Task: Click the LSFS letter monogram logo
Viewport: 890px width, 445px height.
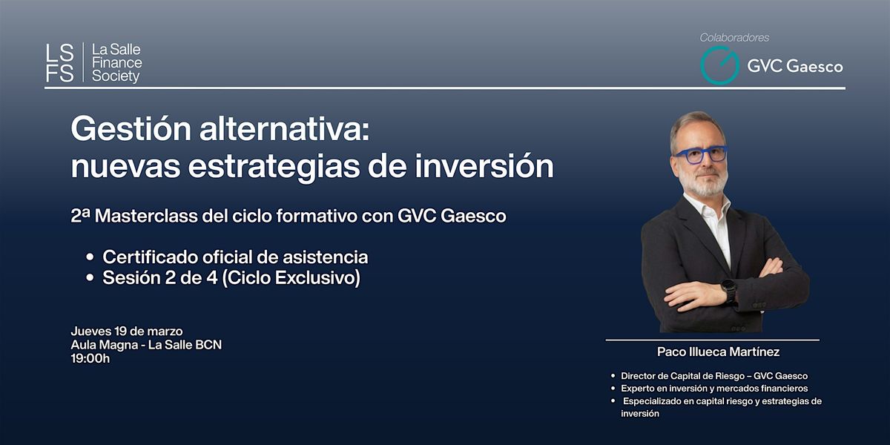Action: pyautogui.click(x=59, y=63)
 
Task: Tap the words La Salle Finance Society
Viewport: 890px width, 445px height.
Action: pyautogui.click(x=117, y=63)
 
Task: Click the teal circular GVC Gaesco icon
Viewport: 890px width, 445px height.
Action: pyautogui.click(x=719, y=65)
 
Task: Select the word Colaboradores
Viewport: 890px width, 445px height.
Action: pyautogui.click(x=734, y=38)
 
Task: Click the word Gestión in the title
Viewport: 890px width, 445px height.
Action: pyautogui.click(x=131, y=131)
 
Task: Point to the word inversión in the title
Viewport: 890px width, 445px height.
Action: pyautogui.click(x=484, y=166)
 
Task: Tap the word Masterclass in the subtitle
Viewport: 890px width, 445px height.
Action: pyautogui.click(x=146, y=216)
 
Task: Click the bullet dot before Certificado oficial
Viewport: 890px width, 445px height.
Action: pyautogui.click(x=90, y=257)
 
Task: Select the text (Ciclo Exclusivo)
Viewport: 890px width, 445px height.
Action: pyautogui.click(x=291, y=277)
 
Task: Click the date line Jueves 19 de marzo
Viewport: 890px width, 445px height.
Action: pyautogui.click(x=127, y=331)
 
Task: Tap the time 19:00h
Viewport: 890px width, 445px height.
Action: pyautogui.click(x=90, y=358)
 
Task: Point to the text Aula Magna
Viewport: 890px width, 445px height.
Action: pyautogui.click(x=105, y=345)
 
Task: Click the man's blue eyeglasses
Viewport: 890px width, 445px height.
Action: pyautogui.click(x=700, y=154)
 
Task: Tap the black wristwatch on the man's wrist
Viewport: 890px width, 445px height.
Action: pyautogui.click(x=728, y=290)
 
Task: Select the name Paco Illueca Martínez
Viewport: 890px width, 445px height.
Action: pyautogui.click(x=718, y=352)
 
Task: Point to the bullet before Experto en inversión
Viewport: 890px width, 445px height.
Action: pyautogui.click(x=613, y=388)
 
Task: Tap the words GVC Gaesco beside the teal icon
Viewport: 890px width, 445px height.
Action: pyautogui.click(x=794, y=66)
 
